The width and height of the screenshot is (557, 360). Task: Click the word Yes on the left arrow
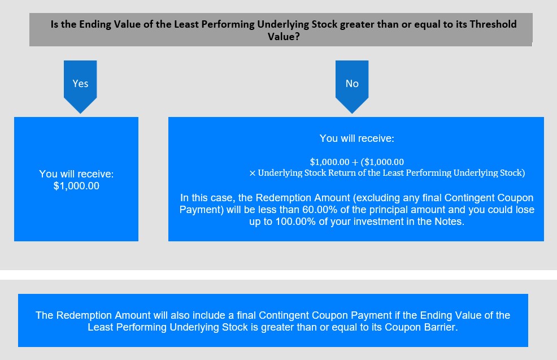click(80, 84)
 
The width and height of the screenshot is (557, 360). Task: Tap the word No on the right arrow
click(352, 84)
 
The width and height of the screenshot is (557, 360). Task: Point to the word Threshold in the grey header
click(493, 24)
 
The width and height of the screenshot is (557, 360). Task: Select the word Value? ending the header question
click(284, 37)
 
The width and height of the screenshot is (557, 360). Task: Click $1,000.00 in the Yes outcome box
click(76, 186)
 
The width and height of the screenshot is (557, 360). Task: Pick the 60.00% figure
click(320, 210)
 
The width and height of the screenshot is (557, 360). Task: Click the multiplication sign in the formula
click(252, 173)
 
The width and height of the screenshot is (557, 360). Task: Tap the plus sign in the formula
click(355, 162)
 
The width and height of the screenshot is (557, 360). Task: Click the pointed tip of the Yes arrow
click(80, 114)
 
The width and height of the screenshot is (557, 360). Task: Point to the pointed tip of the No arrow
click(352, 114)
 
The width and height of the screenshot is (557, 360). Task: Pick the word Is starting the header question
click(54, 24)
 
